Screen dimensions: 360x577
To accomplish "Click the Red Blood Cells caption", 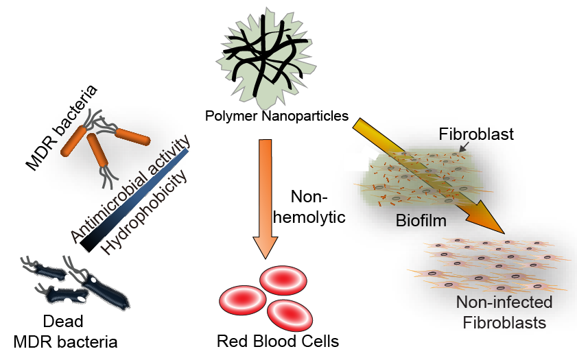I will pyautogui.click(x=277, y=341).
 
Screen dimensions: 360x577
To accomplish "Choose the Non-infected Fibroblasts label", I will pyautogui.click(x=504, y=312).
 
